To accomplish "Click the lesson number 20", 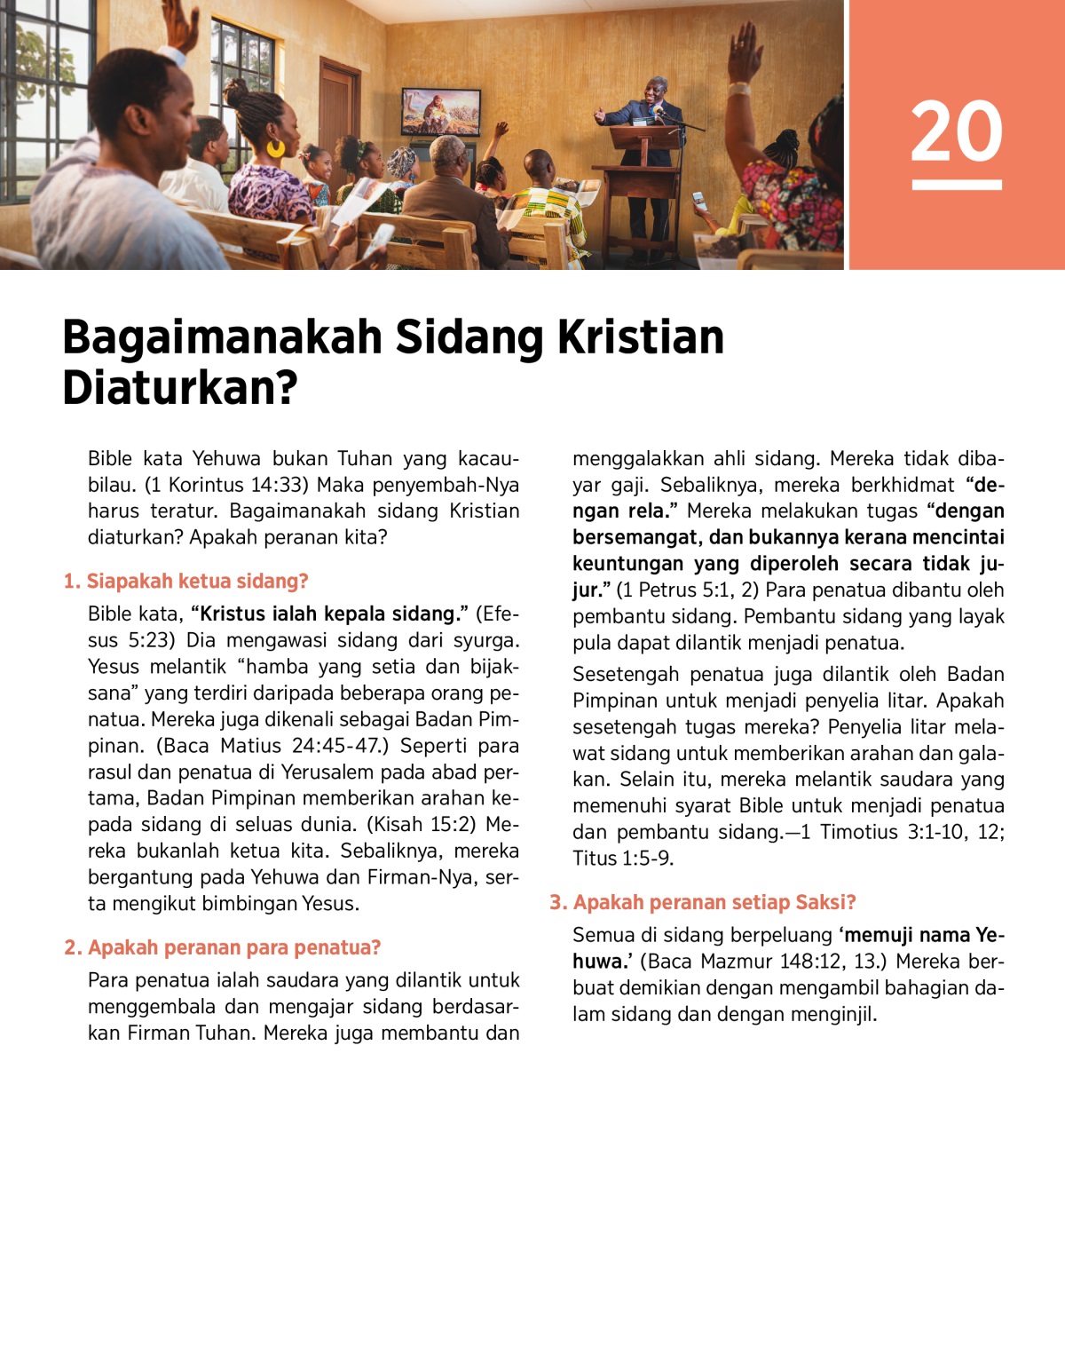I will (957, 131).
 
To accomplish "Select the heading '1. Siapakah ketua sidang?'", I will (185, 581).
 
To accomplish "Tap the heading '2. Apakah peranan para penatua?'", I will (222, 947).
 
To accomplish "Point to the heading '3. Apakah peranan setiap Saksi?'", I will (702, 902).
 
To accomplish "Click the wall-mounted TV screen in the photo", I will (441, 111).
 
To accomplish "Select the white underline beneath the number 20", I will (957, 185).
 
